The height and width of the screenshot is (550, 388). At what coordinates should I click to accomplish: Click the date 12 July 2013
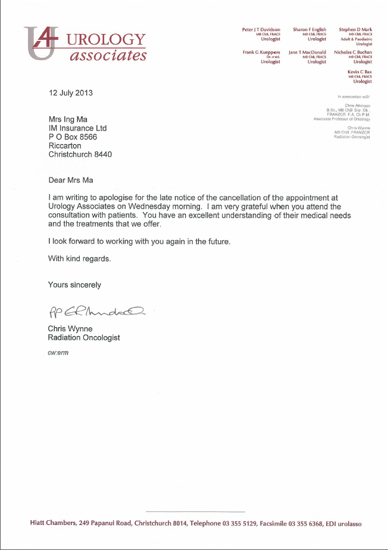click(71, 93)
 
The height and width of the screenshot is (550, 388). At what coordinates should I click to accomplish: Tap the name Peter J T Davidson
click(261, 29)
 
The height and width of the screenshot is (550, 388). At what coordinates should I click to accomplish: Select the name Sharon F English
click(309, 29)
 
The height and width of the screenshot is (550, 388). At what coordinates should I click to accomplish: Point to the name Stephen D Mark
click(355, 29)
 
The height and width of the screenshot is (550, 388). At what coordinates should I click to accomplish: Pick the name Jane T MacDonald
click(307, 52)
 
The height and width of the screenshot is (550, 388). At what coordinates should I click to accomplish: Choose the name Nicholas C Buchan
click(353, 52)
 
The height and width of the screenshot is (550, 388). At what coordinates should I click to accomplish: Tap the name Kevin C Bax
click(359, 72)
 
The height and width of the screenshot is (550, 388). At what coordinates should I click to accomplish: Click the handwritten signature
click(95, 311)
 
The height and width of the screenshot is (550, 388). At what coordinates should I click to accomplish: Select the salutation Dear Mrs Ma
click(71, 179)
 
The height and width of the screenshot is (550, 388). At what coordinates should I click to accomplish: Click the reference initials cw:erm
click(58, 353)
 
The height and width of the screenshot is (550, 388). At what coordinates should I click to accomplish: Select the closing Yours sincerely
click(74, 285)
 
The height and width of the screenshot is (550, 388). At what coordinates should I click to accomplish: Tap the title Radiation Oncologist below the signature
click(84, 337)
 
